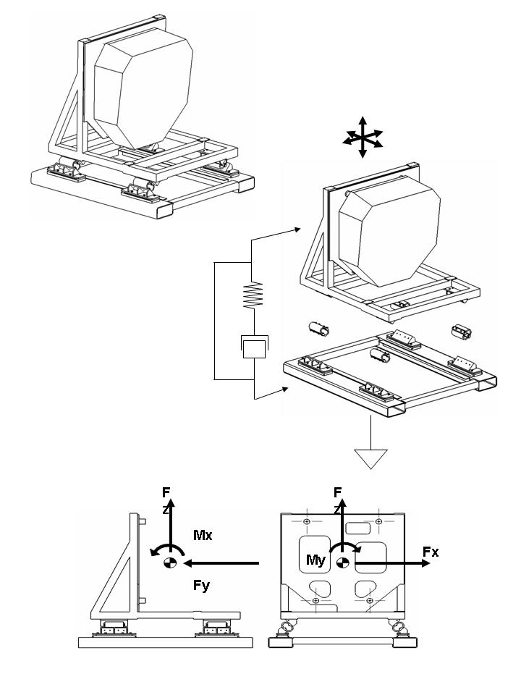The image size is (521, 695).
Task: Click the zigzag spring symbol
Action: coord(253,295)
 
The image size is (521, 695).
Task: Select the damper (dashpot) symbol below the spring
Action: coord(254,347)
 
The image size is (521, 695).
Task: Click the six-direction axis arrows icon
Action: coord(363,138)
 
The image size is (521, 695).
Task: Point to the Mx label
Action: coord(203,535)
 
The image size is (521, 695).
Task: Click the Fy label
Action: coord(202,586)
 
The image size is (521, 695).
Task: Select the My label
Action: coord(316,560)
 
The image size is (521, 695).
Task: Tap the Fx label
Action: coord(431,552)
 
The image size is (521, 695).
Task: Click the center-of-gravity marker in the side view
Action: coord(170,563)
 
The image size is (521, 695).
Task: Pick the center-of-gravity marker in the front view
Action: coord(342,563)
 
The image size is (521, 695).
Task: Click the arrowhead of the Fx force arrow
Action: coord(425,563)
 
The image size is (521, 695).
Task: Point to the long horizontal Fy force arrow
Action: coord(221,563)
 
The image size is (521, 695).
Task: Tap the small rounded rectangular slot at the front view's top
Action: coord(358,528)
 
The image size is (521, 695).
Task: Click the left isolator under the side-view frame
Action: coord(114,628)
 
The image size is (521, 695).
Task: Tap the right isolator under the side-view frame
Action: coord(216,628)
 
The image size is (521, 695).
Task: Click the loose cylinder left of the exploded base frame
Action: coord(319,329)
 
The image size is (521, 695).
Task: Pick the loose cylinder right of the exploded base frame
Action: coord(462,332)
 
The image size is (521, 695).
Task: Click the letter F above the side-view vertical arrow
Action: coord(166,492)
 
